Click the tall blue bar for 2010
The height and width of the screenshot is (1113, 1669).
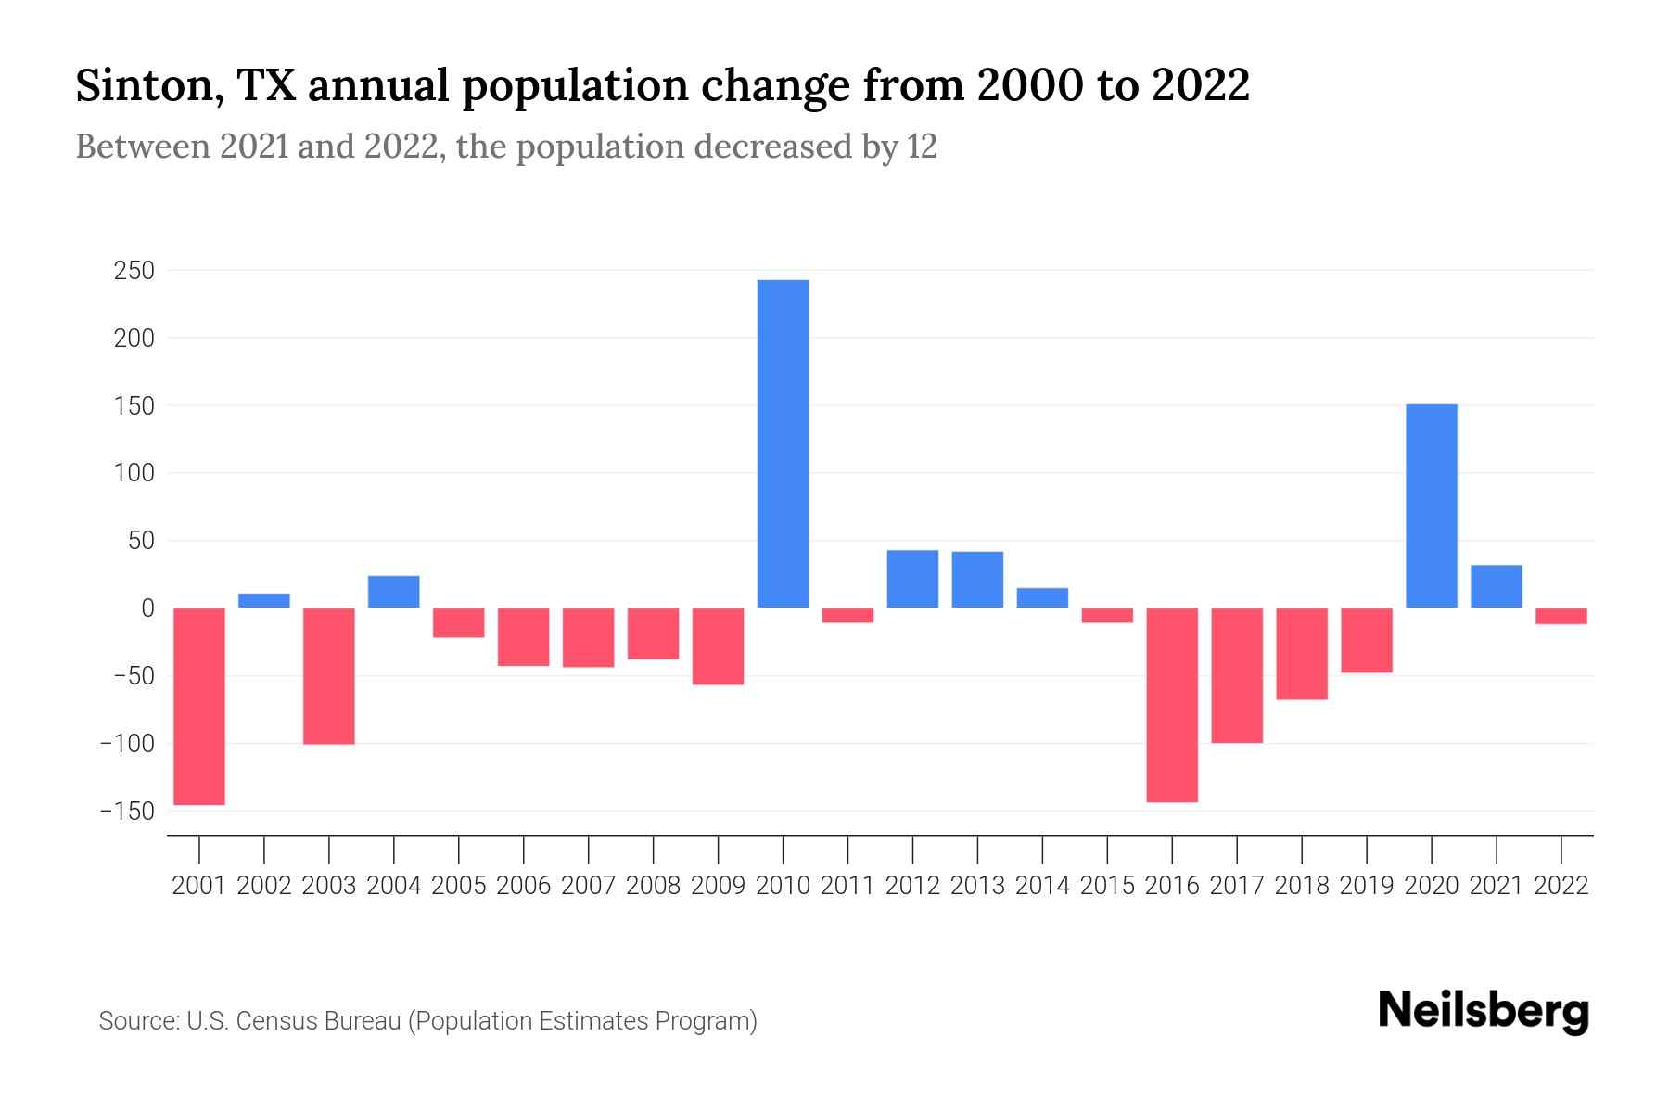tap(783, 443)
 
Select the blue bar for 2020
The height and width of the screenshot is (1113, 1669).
tap(1431, 505)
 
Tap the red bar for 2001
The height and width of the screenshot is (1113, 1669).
tap(199, 706)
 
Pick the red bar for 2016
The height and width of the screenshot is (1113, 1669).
tap(1172, 705)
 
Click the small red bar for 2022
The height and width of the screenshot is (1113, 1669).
tap(1561, 616)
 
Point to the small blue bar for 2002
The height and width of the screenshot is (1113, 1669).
tap(264, 601)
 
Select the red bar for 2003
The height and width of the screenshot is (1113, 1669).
tap(329, 675)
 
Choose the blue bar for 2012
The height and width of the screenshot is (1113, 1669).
tap(912, 579)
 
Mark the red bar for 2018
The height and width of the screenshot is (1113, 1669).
tap(1302, 653)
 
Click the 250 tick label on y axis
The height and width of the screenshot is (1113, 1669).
tap(134, 271)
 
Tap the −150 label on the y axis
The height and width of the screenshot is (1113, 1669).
tap(127, 812)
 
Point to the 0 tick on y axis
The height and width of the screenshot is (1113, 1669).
tap(147, 608)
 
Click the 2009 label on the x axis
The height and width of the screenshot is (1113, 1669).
tap(718, 886)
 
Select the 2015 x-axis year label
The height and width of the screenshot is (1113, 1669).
tap(1107, 886)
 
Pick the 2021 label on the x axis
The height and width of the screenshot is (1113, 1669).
tap(1496, 886)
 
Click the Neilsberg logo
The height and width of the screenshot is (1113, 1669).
tap(1483, 1012)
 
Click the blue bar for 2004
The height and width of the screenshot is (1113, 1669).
tap(394, 592)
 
